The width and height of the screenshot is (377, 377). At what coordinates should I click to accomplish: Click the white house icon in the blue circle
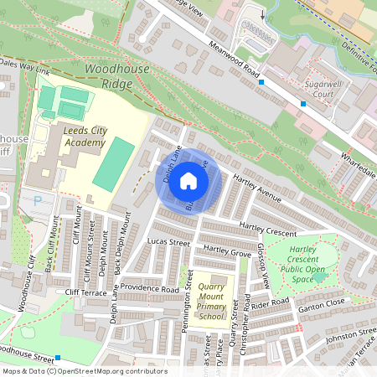(188, 181)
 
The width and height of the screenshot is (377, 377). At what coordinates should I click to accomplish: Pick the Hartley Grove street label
(227, 252)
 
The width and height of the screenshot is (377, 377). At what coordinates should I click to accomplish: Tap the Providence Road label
(149, 288)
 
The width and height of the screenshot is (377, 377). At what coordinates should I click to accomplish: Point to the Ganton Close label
(323, 302)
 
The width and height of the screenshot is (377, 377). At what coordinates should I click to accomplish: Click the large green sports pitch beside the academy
(112, 164)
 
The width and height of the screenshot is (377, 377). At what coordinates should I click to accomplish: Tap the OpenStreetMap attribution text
(85, 371)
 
